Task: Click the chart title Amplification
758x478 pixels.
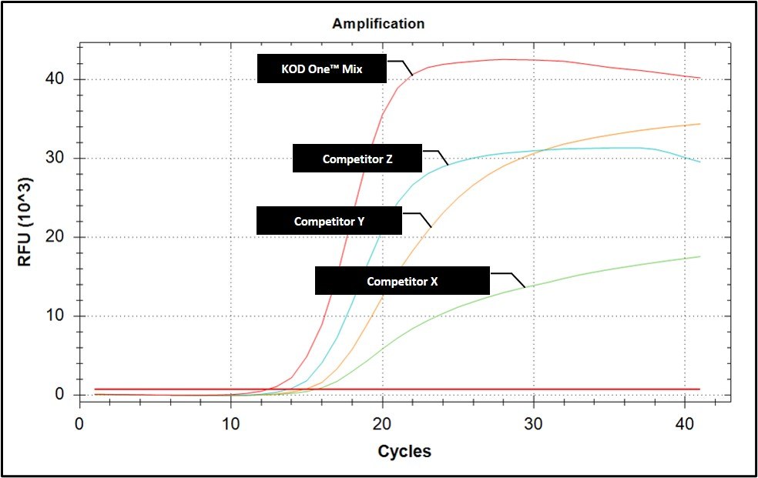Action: pyautogui.click(x=378, y=24)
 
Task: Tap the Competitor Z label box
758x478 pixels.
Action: pyautogui.click(x=357, y=159)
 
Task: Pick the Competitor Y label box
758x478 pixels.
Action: pyautogui.click(x=329, y=221)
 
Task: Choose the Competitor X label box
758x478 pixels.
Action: pyautogui.click(x=402, y=281)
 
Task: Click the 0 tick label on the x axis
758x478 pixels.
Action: pyautogui.click(x=79, y=424)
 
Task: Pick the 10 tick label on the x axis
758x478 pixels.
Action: pyautogui.click(x=230, y=424)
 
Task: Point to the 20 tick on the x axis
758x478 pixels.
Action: pyautogui.click(x=382, y=424)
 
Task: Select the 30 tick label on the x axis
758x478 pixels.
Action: pyautogui.click(x=533, y=424)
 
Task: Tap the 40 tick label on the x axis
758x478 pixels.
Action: pyautogui.click(x=685, y=424)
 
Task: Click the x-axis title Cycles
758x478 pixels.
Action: pyautogui.click(x=404, y=452)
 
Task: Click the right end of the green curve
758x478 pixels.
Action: pyautogui.click(x=699, y=257)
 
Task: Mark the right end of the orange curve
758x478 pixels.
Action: pyautogui.click(x=699, y=124)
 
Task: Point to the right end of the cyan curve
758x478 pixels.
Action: pyautogui.click(x=699, y=162)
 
